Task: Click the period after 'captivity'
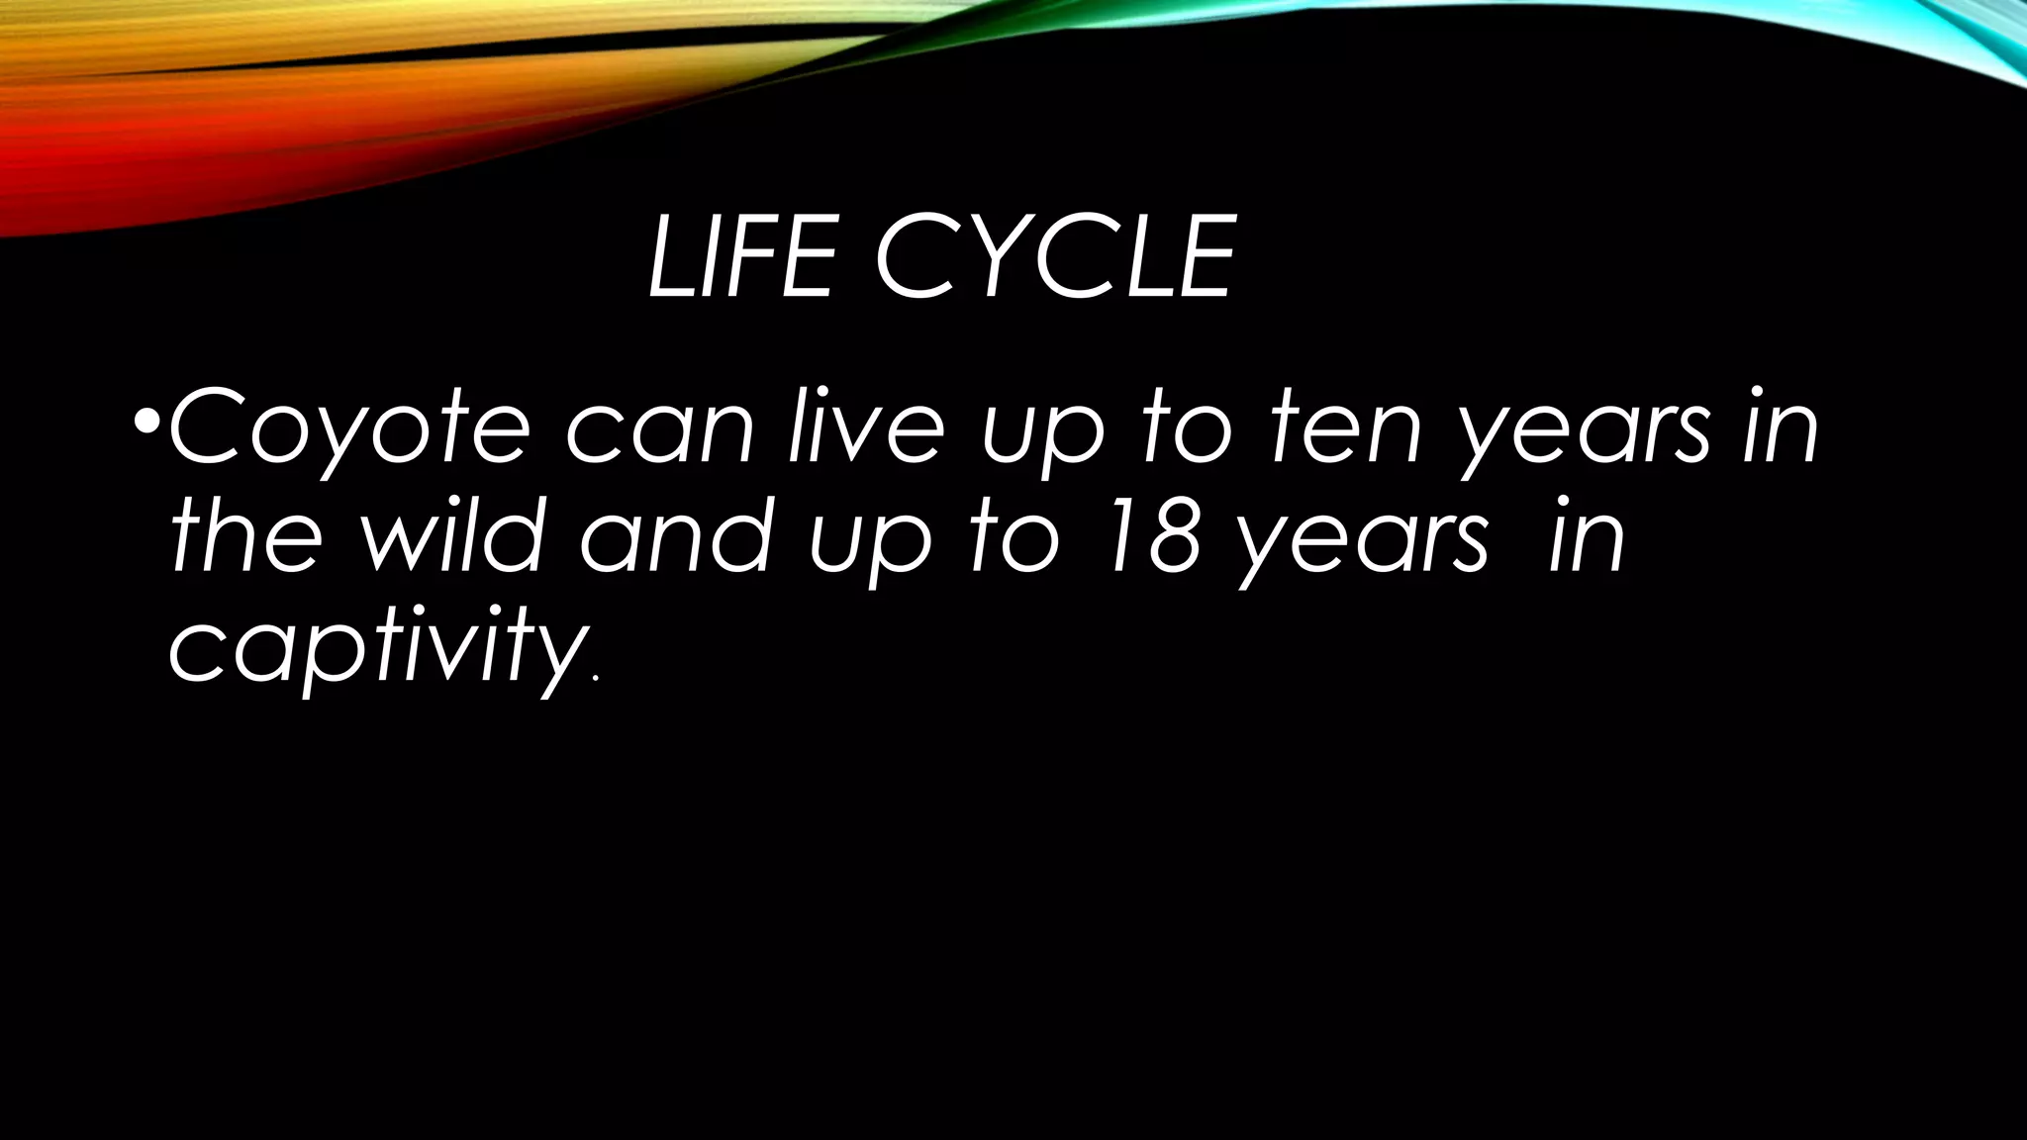594,680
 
